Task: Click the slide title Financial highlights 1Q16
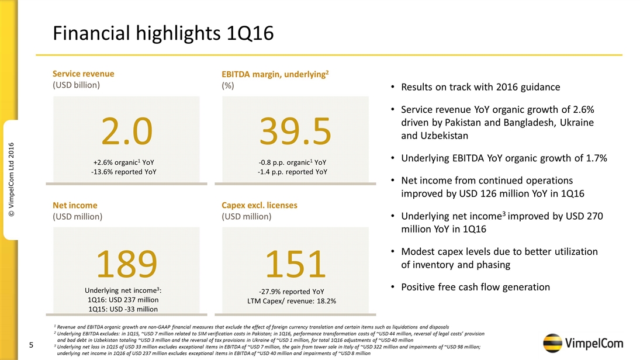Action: (163, 33)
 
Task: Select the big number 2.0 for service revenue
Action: (127, 131)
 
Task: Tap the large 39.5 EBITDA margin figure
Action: (296, 131)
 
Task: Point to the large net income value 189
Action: (127, 264)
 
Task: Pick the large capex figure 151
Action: (295, 264)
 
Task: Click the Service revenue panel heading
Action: (83, 74)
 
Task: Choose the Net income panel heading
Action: (75, 205)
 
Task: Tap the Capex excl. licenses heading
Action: (260, 205)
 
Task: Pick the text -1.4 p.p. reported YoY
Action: (292, 172)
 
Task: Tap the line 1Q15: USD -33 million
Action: (123, 309)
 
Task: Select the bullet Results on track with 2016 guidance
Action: (480, 87)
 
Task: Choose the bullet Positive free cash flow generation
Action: (475, 287)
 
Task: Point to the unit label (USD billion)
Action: (77, 85)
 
